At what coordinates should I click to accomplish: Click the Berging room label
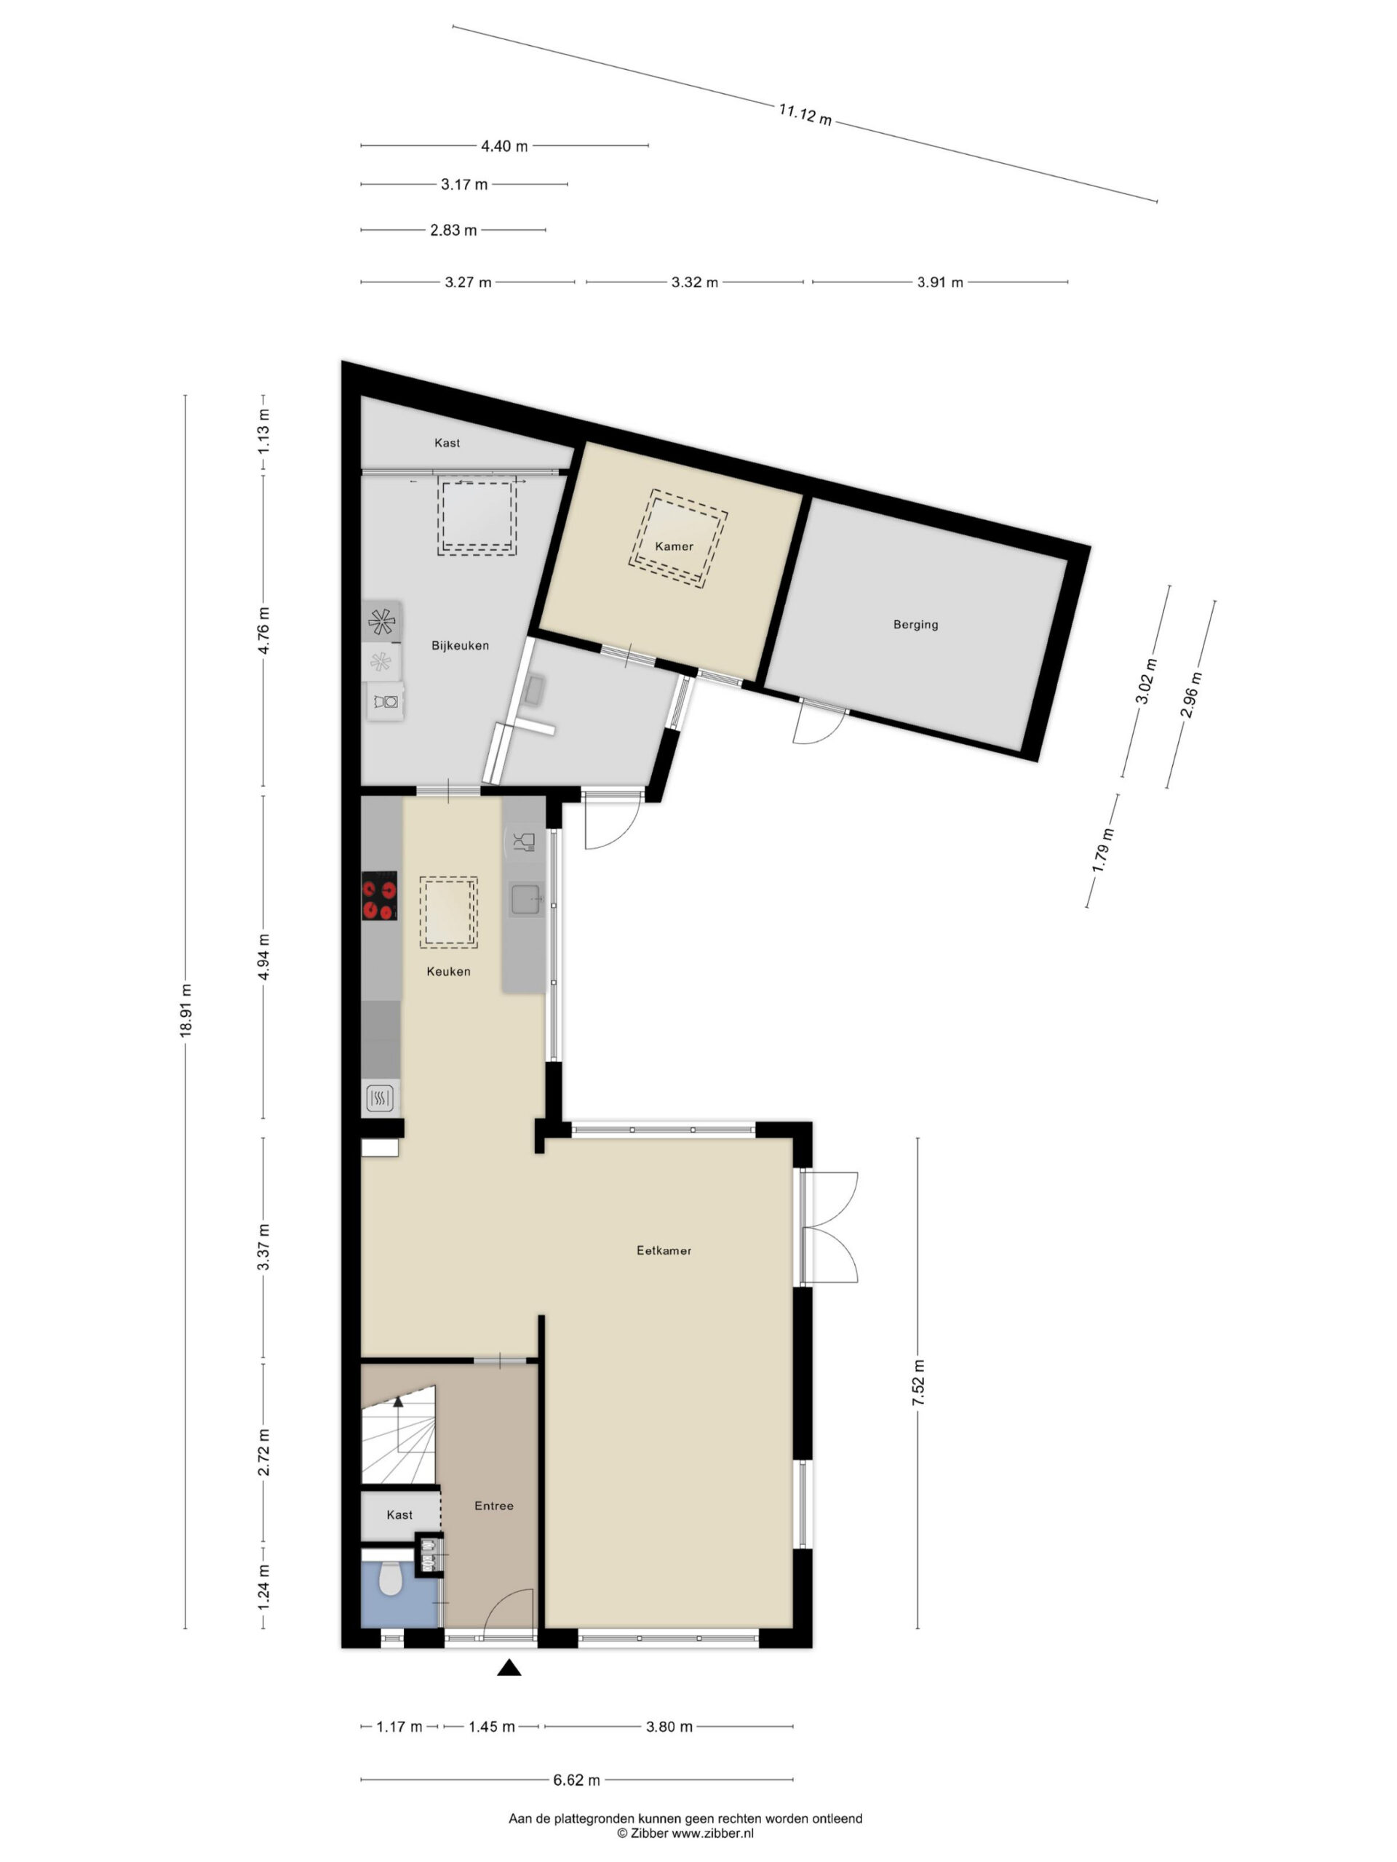pyautogui.click(x=915, y=625)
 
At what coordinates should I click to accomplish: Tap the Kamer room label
pyautogui.click(x=674, y=546)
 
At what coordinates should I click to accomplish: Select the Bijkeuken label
pyautogui.click(x=460, y=646)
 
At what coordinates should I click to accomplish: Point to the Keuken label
pyautogui.click(x=448, y=972)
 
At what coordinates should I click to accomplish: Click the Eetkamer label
pyautogui.click(x=664, y=1251)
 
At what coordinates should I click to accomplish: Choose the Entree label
pyautogui.click(x=493, y=1506)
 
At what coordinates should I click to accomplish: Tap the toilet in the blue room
pyautogui.click(x=390, y=1578)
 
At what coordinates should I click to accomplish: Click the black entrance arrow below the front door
pyautogui.click(x=509, y=1668)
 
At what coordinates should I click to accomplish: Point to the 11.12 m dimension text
pyautogui.click(x=805, y=114)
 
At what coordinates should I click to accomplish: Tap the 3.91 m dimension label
pyautogui.click(x=940, y=283)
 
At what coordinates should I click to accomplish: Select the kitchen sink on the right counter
pyautogui.click(x=526, y=899)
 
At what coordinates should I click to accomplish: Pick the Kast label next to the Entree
pyautogui.click(x=399, y=1515)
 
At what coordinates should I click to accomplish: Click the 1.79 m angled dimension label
pyautogui.click(x=1103, y=851)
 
